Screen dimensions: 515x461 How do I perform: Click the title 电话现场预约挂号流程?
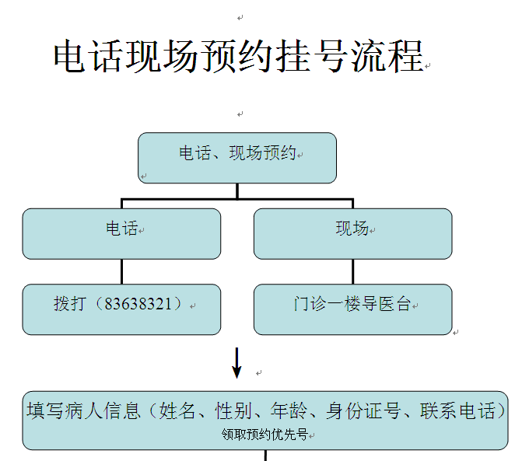coord(239,56)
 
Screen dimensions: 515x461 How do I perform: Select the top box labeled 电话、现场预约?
coord(237,158)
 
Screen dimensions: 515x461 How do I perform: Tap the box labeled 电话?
coord(121,234)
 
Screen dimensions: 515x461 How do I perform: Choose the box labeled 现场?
coord(353,234)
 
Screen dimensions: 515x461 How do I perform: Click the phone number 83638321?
coord(138,304)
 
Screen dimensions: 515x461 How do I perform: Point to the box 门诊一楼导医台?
coord(353,309)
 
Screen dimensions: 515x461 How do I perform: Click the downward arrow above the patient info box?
coord(236,363)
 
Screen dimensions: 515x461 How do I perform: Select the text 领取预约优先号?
coord(265,435)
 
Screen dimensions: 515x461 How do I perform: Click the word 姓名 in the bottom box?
coord(177,410)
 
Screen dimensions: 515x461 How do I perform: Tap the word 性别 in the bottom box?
coord(233,410)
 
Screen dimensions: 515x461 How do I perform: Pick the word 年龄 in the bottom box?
coord(289,410)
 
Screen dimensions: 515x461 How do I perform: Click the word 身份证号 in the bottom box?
coord(363,410)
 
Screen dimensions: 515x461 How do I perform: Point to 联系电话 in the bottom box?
coord(457,410)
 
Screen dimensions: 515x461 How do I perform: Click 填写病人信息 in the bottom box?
coord(83,410)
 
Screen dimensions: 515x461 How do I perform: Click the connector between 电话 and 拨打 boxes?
coord(122,271)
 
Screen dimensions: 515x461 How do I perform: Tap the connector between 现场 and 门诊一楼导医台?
coord(353,271)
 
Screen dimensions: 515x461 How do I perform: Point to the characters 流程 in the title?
coord(387,56)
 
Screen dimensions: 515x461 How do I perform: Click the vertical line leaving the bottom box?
coord(265,456)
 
